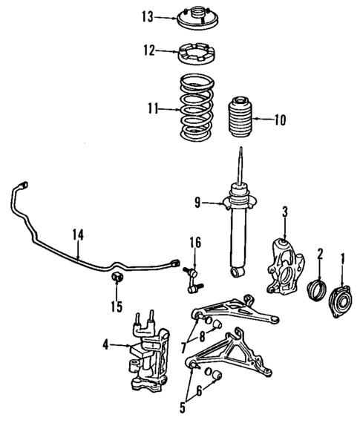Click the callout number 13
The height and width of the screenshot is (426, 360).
pos(147,16)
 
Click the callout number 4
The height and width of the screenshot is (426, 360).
pos(107,343)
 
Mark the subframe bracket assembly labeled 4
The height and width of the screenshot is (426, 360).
pos(148,351)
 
